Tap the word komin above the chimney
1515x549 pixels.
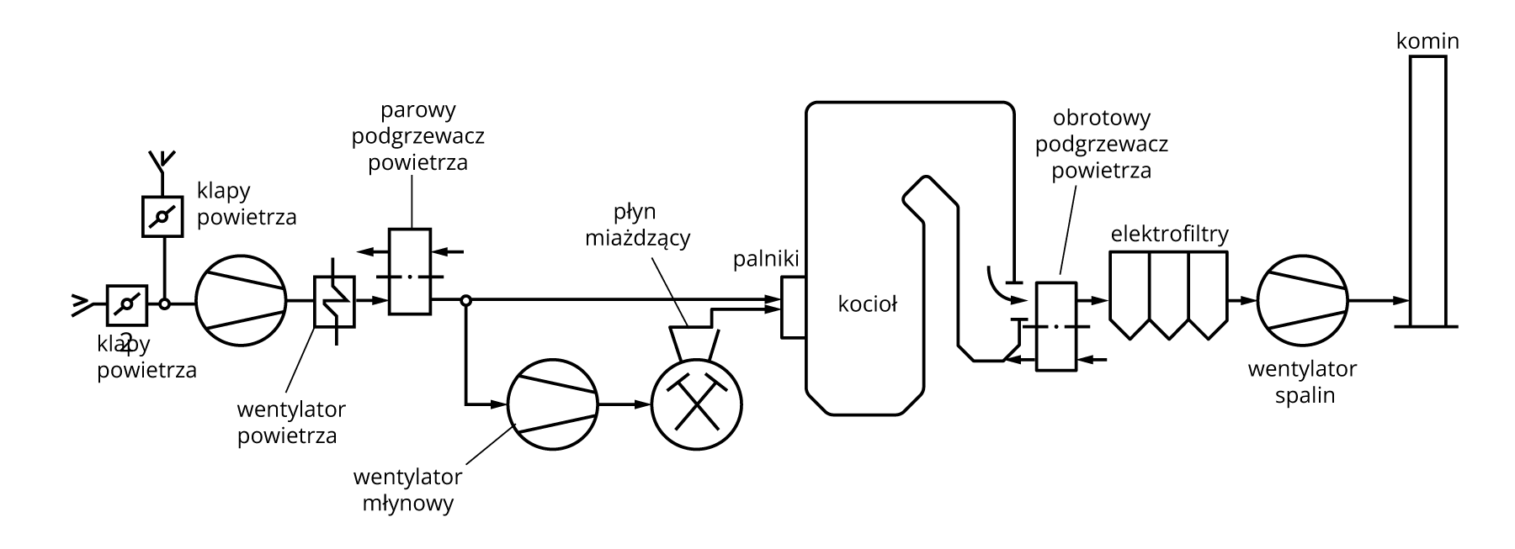1427,41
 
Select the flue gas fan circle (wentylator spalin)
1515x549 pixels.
1302,300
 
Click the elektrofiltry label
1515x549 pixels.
1169,234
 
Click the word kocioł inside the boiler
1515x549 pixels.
867,304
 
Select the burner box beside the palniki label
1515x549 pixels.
793,307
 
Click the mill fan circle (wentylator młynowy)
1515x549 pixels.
553,404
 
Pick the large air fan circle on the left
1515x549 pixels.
242,300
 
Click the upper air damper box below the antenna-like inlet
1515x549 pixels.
162,217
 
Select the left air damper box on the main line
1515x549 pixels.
127,305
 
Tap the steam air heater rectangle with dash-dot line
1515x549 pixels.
410,272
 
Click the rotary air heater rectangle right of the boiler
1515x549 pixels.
1055,326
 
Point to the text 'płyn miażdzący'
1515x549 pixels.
637,224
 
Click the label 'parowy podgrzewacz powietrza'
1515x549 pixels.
417,136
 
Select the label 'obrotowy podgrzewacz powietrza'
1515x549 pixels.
1101,144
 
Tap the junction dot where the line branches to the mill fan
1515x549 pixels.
465,300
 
